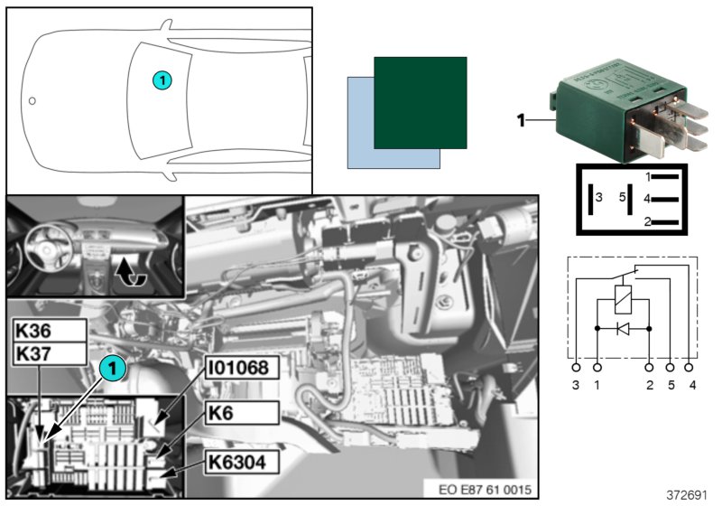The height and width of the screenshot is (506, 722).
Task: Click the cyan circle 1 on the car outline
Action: (161, 80)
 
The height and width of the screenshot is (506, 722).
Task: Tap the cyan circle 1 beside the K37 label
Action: (112, 368)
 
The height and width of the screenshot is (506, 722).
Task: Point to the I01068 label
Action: (239, 369)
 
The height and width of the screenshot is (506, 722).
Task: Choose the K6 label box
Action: (239, 415)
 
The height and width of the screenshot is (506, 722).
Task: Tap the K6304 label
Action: (239, 462)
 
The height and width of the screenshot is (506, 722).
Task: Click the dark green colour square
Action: (420, 102)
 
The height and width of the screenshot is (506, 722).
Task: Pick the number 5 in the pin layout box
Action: (622, 196)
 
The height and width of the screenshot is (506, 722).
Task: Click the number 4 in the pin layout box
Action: (647, 197)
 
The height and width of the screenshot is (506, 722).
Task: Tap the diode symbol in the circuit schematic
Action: (623, 328)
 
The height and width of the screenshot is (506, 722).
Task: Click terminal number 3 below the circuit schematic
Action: (577, 386)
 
